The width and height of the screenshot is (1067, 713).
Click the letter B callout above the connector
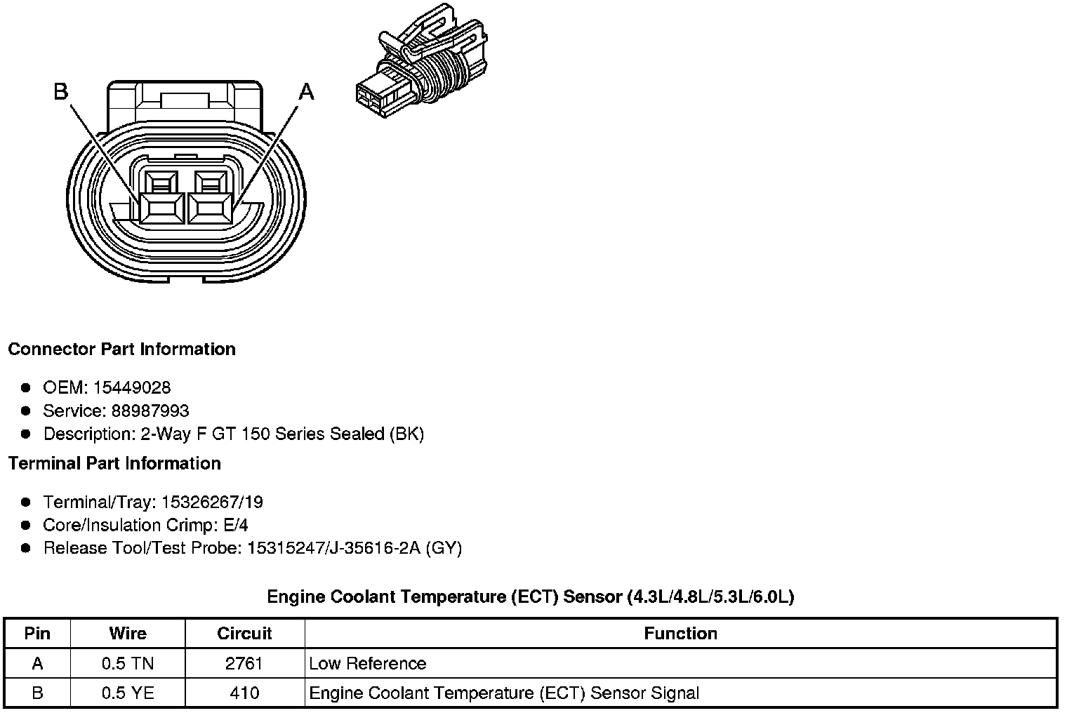tap(61, 91)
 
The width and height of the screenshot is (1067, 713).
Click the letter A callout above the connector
tap(307, 91)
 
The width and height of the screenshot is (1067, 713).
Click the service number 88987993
tap(150, 411)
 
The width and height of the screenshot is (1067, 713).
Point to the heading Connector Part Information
tap(121, 349)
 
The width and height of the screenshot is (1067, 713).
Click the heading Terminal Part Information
tap(114, 464)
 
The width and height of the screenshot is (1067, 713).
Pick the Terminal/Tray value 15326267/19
tap(212, 502)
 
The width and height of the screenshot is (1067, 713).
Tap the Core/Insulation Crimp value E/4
tap(234, 526)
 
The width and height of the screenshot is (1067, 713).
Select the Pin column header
tap(37, 634)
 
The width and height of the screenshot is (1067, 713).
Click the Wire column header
tap(128, 634)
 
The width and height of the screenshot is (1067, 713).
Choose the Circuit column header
tap(244, 634)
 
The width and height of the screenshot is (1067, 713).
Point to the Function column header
tap(680, 634)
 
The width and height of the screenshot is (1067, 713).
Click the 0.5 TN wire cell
tap(128, 664)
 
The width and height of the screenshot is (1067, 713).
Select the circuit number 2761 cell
tap(244, 664)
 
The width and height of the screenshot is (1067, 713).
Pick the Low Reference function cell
tap(367, 664)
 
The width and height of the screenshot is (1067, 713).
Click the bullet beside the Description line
tap(26, 434)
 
